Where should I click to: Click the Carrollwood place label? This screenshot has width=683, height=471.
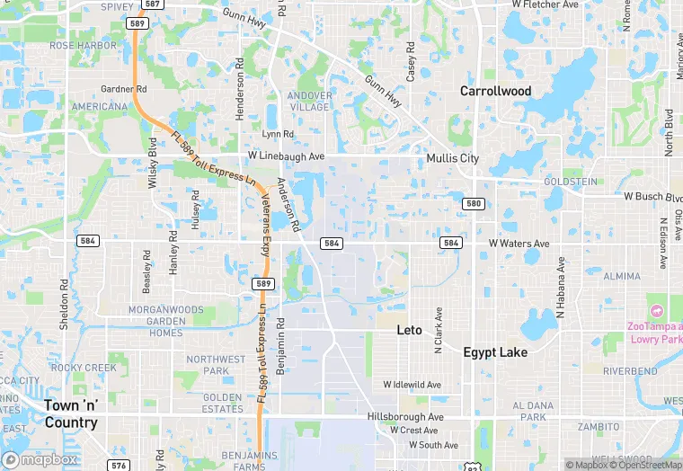click(x=495, y=91)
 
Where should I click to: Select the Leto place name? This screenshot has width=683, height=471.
click(x=409, y=330)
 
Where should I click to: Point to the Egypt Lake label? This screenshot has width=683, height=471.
click(x=495, y=352)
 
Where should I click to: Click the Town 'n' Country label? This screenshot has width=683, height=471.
click(x=71, y=413)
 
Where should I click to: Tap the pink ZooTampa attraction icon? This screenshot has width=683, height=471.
click(x=656, y=310)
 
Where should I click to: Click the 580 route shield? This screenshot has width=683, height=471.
click(x=474, y=204)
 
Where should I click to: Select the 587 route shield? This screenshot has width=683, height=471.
click(x=152, y=4)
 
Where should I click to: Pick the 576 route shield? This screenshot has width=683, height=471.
click(x=119, y=465)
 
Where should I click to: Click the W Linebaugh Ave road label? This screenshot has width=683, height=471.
click(x=287, y=156)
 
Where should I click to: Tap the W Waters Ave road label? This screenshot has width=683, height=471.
click(x=519, y=244)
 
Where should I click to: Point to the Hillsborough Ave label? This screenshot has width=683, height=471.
click(x=405, y=417)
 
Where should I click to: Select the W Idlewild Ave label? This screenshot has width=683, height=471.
click(x=412, y=385)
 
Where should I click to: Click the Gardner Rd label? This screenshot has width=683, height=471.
click(x=124, y=89)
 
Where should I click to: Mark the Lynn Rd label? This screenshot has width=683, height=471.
click(x=278, y=134)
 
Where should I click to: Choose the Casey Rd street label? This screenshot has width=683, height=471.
click(x=410, y=62)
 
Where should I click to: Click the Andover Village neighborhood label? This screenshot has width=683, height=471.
click(x=309, y=101)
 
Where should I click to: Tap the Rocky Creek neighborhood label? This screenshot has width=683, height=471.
click(x=84, y=368)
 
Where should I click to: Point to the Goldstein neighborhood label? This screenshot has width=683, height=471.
click(x=571, y=182)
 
